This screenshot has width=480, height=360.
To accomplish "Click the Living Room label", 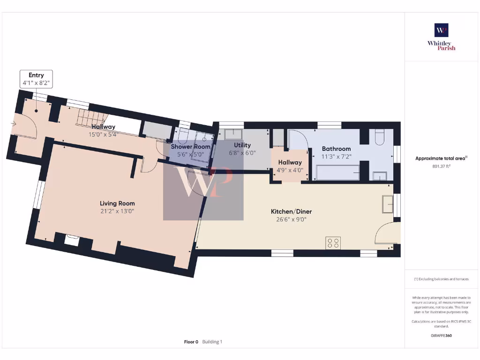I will tap(117, 203).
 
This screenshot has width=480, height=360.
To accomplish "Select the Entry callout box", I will tap(36, 79).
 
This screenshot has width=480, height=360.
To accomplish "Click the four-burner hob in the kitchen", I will tap(333, 243).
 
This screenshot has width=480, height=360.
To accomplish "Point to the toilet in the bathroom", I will tap(379, 137).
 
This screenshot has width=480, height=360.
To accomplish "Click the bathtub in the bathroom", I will tap(337, 172).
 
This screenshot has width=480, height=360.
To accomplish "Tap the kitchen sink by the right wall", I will tap(388, 204).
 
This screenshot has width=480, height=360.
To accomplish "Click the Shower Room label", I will tap(190, 147).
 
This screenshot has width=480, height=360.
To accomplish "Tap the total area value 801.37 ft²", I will tap(441, 166).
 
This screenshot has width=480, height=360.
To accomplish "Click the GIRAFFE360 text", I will tap(441, 336).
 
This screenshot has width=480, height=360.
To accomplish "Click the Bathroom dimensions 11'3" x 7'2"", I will tap(336, 156).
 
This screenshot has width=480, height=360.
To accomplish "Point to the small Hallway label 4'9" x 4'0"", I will tap(290, 166).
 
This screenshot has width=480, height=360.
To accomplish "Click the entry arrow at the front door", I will tap(14, 124).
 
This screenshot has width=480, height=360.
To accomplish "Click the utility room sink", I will tap(233, 135).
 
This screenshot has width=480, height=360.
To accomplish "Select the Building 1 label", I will tap(212, 342).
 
